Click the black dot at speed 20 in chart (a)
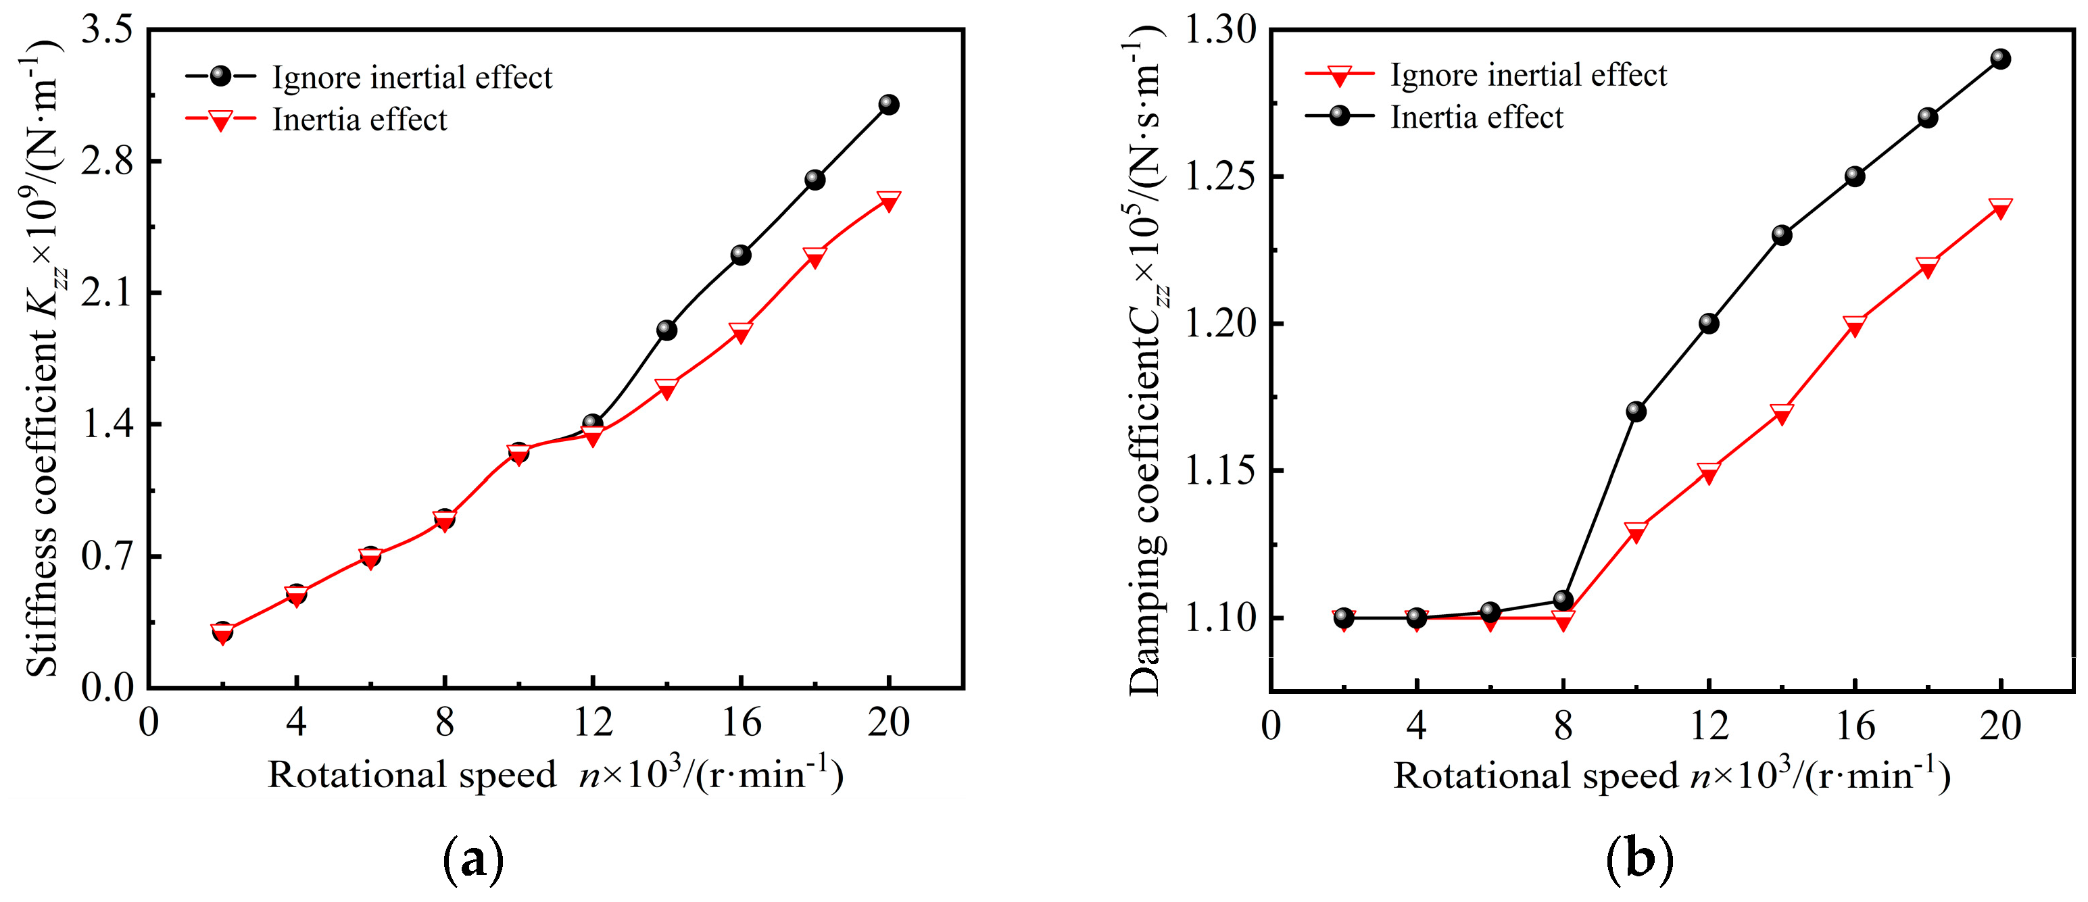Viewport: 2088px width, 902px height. pyautogui.click(x=888, y=105)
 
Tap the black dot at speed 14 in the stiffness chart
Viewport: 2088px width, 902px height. pyautogui.click(x=666, y=330)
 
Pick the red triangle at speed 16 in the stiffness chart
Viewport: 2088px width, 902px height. pyautogui.click(x=740, y=332)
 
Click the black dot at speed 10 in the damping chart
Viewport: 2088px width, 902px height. pyautogui.click(x=1636, y=411)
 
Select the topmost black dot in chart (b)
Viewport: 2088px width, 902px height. pyautogui.click(x=2000, y=58)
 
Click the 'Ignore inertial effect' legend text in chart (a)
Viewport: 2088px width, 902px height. pyautogui.click(x=412, y=78)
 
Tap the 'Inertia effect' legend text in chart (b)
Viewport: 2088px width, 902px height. pyautogui.click(x=1476, y=118)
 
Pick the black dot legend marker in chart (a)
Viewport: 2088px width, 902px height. pyautogui.click(x=220, y=76)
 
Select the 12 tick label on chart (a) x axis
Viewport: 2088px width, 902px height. pyautogui.click(x=593, y=722)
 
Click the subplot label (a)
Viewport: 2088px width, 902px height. pyautogui.click(x=475, y=861)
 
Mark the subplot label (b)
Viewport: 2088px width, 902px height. pyautogui.click(x=1639, y=861)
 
